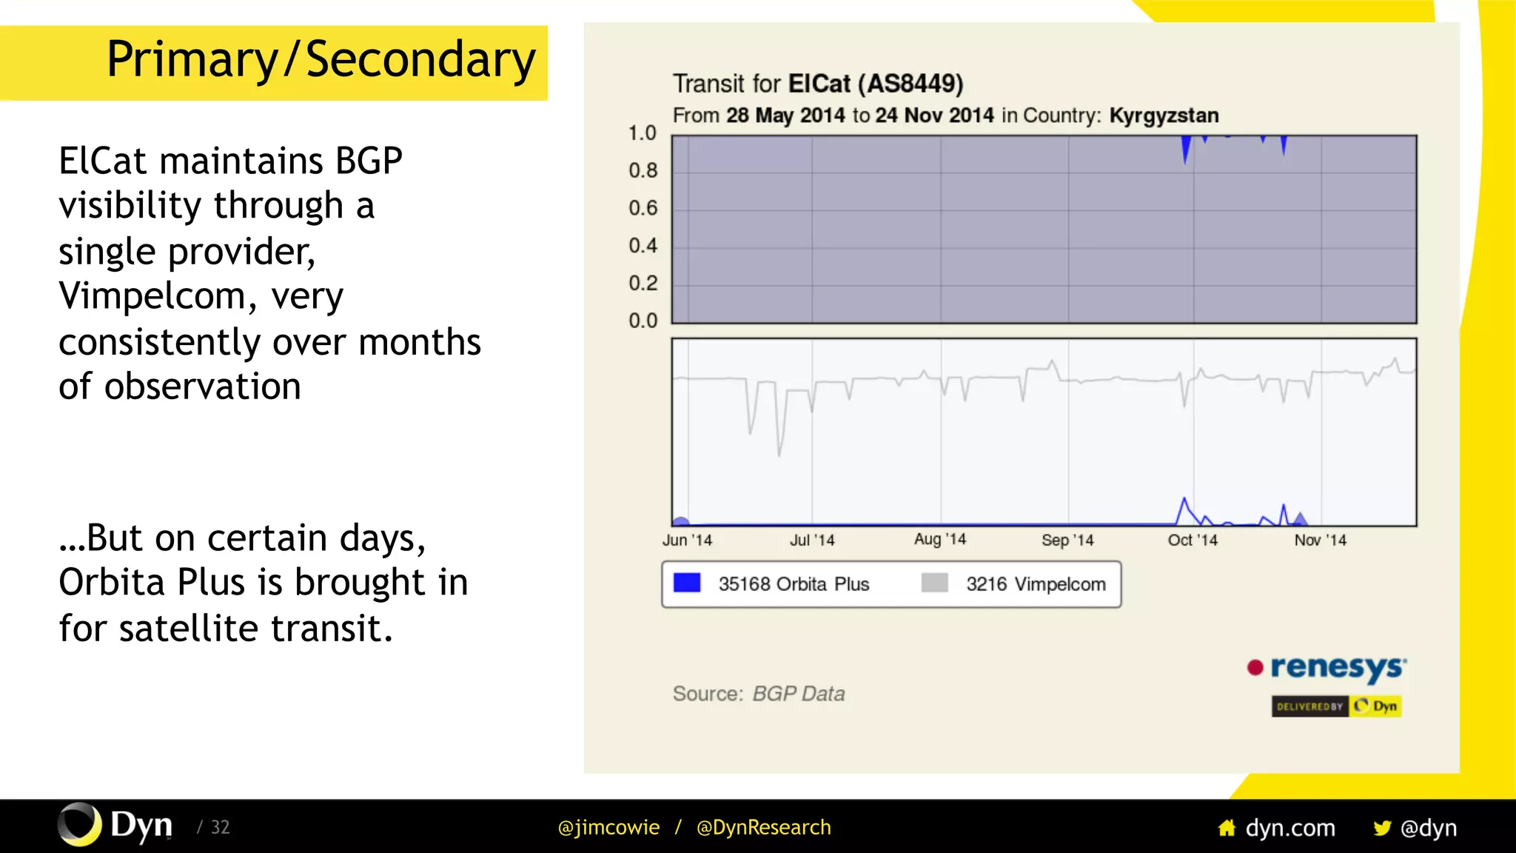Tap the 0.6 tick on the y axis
pyautogui.click(x=643, y=208)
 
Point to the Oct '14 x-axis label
pyautogui.click(x=1192, y=541)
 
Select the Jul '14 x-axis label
pyautogui.click(x=811, y=541)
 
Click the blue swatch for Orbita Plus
pyautogui.click(x=687, y=583)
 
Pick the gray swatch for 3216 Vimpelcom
pyautogui.click(x=934, y=583)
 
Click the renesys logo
pyautogui.click(x=1328, y=668)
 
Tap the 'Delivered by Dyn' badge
pyautogui.click(x=1336, y=706)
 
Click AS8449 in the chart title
pyautogui.click(x=910, y=84)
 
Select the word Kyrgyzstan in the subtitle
pyautogui.click(x=1164, y=116)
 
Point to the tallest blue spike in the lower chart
pyautogui.click(x=1184, y=501)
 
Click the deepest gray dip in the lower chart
pyautogui.click(x=779, y=453)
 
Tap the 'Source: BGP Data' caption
pyautogui.click(x=758, y=694)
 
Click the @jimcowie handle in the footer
pyautogui.click(x=608, y=827)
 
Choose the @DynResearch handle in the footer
pyautogui.click(x=763, y=827)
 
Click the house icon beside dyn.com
pyautogui.click(x=1227, y=828)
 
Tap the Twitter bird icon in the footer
pyautogui.click(x=1381, y=828)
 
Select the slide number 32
pyautogui.click(x=220, y=827)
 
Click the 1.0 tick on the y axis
pyautogui.click(x=642, y=133)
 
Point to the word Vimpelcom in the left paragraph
pyautogui.click(x=152, y=296)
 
